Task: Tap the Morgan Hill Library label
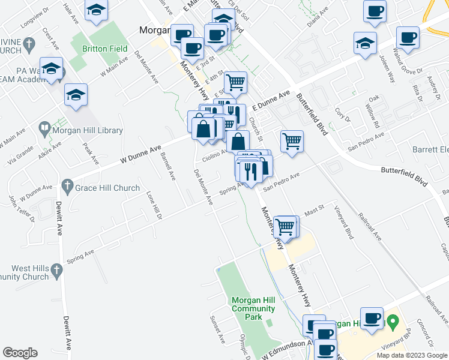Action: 87,130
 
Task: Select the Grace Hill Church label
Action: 107,188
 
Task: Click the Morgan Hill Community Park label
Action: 253,308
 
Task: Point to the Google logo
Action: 20,353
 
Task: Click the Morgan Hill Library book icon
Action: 44,128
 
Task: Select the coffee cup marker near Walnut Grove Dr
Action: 408,38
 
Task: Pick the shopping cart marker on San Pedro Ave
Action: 292,142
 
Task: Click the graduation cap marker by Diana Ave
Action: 364,43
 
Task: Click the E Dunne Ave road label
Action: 271,100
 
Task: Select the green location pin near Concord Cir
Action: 393,322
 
